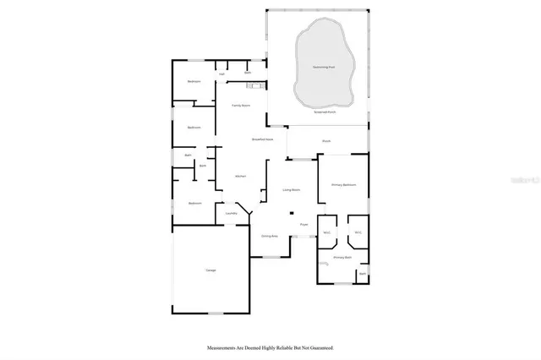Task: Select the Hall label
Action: point(222,74)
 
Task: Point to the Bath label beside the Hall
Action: point(248,74)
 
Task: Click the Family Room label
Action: point(241,105)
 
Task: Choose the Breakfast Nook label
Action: point(262,139)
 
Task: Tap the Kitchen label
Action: point(240,176)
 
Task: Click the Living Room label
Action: point(292,191)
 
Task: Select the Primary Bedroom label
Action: point(343,184)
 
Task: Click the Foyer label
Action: point(303,225)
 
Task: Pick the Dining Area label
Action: point(270,236)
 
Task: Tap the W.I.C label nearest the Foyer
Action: point(326,232)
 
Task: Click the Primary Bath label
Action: point(342,257)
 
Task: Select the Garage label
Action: point(210,270)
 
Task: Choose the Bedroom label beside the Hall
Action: point(194,81)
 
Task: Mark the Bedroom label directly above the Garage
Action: point(194,204)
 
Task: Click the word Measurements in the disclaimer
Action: point(222,347)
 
